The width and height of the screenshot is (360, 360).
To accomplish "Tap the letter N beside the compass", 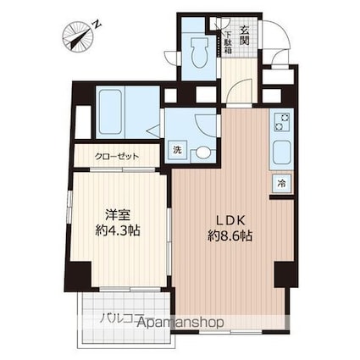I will [98, 25].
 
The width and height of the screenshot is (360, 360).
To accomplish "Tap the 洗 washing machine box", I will [177, 150].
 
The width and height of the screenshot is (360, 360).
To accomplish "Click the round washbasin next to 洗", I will [202, 153].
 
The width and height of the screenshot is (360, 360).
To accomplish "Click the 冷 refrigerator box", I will [280, 183].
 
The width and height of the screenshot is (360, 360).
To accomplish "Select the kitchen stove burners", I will [280, 125].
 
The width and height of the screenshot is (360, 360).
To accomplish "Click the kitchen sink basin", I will [280, 156].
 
